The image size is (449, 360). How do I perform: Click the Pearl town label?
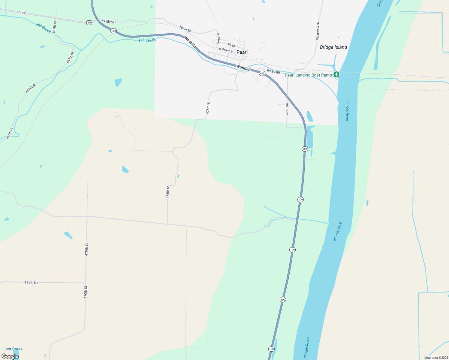click(x=242, y=52)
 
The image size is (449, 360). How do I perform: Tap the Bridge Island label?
click(x=333, y=47)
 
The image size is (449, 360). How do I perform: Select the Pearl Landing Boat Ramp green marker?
click(x=336, y=74)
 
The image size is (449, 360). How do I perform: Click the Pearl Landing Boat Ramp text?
click(x=308, y=75)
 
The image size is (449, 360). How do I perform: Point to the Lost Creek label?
click(x=13, y=349)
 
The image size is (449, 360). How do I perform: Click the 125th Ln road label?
click(x=31, y=282)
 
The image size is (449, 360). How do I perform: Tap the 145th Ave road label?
click(x=109, y=21)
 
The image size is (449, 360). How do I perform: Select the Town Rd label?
click(x=185, y=29)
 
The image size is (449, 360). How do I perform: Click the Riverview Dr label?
click(x=318, y=31)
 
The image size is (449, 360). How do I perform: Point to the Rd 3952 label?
click(x=287, y=109)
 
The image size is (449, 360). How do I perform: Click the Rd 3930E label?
click(x=274, y=72)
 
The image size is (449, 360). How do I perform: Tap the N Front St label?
click(x=226, y=50)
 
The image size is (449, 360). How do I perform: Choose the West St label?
click(x=218, y=39)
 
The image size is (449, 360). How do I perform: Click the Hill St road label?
click(x=231, y=45)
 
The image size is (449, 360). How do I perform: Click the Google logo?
click(x=10, y=356)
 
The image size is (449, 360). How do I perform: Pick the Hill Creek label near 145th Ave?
click(x=147, y=40)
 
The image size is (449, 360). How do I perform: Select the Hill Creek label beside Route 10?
click(x=44, y=28)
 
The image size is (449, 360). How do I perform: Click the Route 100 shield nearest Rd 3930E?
click(x=262, y=73)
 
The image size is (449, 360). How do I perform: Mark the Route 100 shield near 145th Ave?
click(x=113, y=31)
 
